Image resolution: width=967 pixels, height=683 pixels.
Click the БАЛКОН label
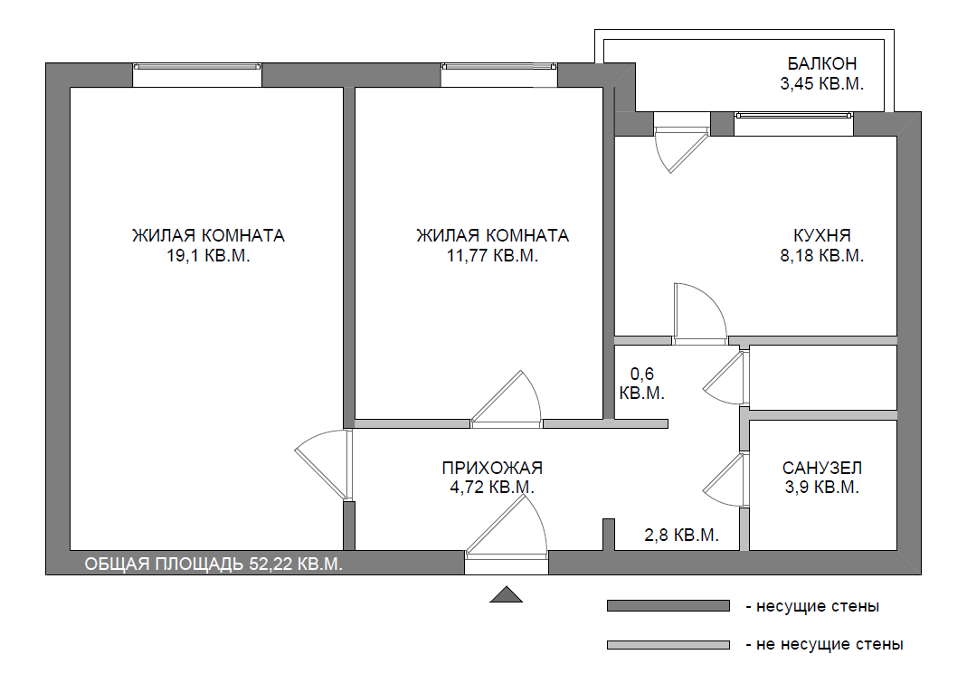821,63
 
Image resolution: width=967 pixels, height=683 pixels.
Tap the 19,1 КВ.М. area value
208,255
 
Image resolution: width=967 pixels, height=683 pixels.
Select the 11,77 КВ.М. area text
492,255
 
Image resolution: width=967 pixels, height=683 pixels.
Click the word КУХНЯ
821,236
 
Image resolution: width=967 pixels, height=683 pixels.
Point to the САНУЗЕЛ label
821,468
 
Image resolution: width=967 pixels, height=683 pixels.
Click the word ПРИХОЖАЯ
492,468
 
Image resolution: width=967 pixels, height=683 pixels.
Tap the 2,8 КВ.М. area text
681,535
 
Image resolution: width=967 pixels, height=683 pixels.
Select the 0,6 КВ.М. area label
642,384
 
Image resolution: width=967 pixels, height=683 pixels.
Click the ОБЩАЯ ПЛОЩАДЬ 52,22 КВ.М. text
213,564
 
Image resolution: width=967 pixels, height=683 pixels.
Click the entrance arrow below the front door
507,594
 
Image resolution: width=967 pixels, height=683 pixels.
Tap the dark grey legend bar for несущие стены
668,606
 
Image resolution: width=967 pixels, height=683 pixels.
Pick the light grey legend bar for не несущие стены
668,645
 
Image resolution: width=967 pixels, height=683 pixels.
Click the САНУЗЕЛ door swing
725,480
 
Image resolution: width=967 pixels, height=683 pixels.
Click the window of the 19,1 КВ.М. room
197,75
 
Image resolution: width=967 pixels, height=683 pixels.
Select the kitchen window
793,123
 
